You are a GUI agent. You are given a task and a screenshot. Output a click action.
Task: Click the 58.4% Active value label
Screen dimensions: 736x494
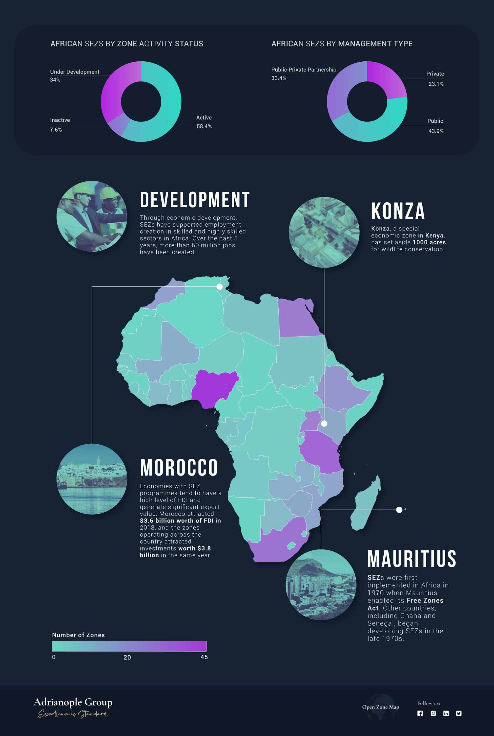click(204, 126)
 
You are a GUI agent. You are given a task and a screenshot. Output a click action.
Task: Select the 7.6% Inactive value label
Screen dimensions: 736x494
click(56, 130)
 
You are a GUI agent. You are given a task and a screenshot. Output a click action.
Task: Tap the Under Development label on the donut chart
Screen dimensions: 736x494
click(75, 72)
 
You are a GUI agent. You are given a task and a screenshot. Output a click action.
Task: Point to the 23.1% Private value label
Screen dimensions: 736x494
click(436, 84)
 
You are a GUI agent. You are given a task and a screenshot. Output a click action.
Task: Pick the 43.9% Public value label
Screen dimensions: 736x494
click(436, 131)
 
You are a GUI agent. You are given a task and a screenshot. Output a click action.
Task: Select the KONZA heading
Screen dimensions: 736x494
click(398, 211)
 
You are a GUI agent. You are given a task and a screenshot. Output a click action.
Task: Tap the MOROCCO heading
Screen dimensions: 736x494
click(179, 468)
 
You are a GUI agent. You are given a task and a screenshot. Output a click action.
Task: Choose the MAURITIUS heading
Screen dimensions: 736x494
click(412, 559)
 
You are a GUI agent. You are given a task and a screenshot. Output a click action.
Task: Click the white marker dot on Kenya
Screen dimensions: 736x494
click(324, 424)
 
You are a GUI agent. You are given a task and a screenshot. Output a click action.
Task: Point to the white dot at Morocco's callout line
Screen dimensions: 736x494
click(220, 286)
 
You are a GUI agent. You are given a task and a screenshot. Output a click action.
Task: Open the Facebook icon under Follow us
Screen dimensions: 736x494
click(420, 713)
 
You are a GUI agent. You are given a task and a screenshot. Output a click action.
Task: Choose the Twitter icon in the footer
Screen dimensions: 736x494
click(459, 713)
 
